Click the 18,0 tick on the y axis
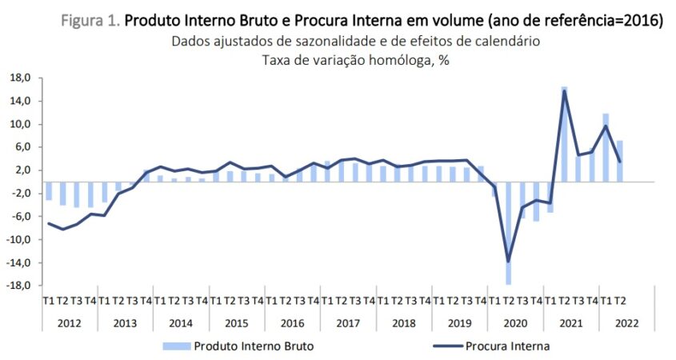click(x=19, y=78)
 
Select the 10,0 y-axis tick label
click(x=19, y=124)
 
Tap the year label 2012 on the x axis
click(x=70, y=322)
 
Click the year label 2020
click(x=516, y=322)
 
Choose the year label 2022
click(x=627, y=322)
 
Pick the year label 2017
click(x=348, y=322)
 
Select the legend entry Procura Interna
click(x=509, y=346)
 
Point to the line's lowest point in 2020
click(x=508, y=261)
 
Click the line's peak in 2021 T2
click(x=564, y=90)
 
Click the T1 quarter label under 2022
click(x=606, y=301)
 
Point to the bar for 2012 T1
click(x=49, y=190)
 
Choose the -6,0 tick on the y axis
click(x=19, y=216)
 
